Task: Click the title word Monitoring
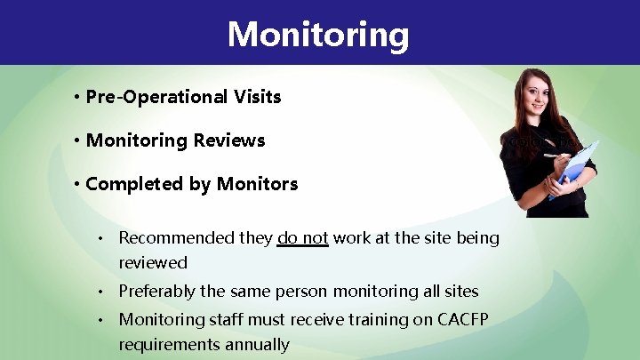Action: [318, 35]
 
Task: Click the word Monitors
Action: [257, 184]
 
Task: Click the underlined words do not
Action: [302, 238]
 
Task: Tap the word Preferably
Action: [161, 291]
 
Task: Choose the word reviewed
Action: [153, 263]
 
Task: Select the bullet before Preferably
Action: [103, 291]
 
